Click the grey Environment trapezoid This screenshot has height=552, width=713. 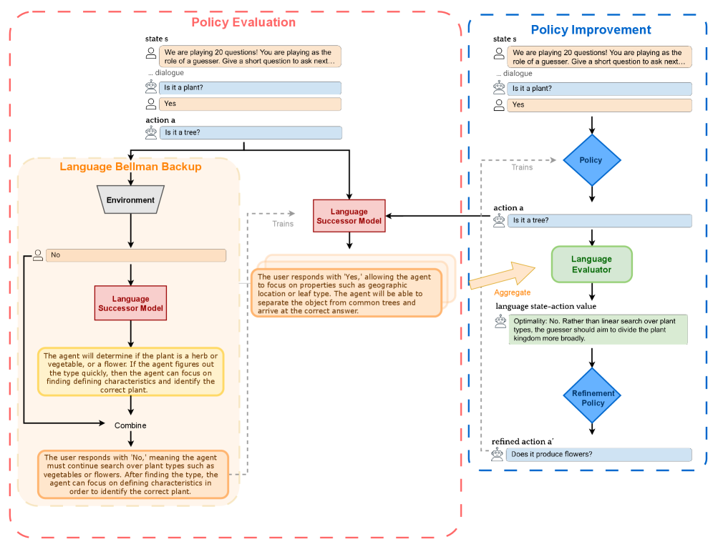tap(130, 199)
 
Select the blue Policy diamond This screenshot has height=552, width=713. tap(591, 160)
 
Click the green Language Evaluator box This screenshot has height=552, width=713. tap(591, 265)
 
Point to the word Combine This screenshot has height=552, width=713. tap(130, 425)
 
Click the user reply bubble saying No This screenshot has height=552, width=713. tap(136, 255)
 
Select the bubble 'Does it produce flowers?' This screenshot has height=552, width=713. tap(599, 454)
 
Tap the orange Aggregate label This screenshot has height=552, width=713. tap(512, 292)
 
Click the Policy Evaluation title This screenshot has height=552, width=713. tap(243, 22)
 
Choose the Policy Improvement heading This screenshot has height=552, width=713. tap(591, 29)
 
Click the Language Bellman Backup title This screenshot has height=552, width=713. tap(130, 167)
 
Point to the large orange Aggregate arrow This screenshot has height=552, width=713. tap(502, 275)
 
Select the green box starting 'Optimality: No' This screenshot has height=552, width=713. tap(598, 330)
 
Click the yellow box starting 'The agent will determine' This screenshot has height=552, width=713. tap(130, 373)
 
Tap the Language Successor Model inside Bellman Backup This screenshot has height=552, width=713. tap(130, 303)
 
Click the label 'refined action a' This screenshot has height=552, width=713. tap(522, 442)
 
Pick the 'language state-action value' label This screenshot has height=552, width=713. tap(545, 306)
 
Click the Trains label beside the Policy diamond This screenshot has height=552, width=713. tap(522, 167)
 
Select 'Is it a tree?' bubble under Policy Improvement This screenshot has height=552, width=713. tap(600, 221)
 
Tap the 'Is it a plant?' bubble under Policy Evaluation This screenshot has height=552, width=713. tap(250, 88)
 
